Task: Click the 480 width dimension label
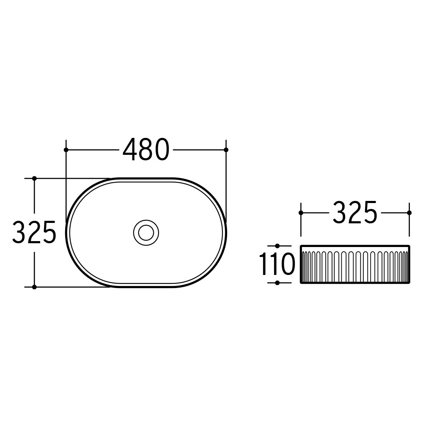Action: [x=146, y=150]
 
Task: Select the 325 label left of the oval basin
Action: [x=34, y=232]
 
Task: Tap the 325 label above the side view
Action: [x=355, y=213]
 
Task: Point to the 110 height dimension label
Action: [x=277, y=264]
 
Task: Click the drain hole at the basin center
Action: [x=146, y=233]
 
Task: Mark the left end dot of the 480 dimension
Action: [x=66, y=150]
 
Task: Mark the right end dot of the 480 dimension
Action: [x=226, y=150]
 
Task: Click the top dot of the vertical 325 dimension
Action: [x=34, y=179]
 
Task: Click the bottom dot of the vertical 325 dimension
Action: [x=34, y=287]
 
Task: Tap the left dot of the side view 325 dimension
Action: [x=301, y=213]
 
